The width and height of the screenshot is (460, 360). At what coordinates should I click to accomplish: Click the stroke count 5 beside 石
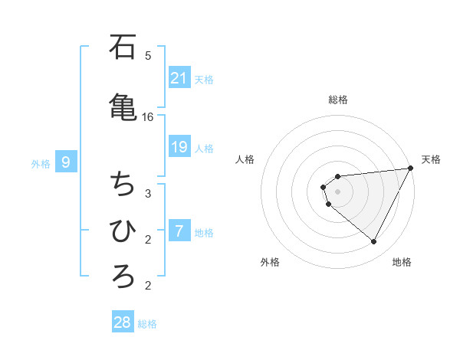[148, 55]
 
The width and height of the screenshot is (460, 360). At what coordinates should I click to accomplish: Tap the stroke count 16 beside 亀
[148, 117]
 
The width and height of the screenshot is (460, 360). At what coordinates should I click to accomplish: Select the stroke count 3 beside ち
[148, 193]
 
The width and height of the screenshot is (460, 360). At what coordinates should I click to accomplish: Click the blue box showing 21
[179, 77]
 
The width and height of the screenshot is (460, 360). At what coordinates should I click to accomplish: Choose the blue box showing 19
[179, 146]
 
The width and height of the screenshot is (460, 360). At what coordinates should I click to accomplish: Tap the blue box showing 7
[179, 231]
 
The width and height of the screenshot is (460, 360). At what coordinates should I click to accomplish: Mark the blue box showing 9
[67, 162]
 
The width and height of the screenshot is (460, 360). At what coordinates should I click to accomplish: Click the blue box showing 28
[123, 322]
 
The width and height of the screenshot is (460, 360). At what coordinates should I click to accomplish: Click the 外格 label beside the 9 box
[41, 163]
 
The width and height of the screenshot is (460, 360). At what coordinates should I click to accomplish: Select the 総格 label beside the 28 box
[147, 324]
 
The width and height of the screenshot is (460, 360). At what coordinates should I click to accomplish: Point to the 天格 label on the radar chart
[431, 159]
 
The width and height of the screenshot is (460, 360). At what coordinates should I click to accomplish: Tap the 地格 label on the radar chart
[402, 262]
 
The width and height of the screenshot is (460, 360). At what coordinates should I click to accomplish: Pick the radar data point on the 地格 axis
[374, 241]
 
